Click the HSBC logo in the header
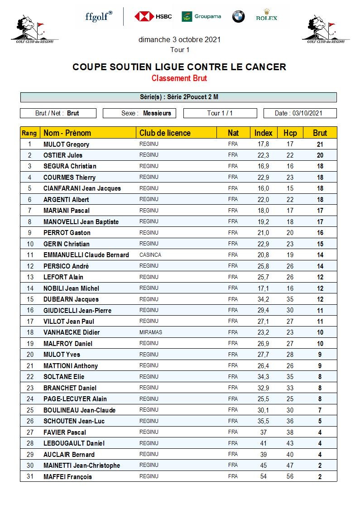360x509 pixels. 153,16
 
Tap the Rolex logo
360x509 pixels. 266,16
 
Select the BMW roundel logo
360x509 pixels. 238,16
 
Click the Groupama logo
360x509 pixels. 201,16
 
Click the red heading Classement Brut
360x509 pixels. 179,78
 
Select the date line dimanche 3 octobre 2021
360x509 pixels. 179,39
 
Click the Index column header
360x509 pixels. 263,133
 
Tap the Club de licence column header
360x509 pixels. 165,133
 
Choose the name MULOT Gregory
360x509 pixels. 66,144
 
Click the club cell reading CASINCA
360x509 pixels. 150,255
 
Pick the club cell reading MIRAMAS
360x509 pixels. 151,332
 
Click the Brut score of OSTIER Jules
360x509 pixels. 320,155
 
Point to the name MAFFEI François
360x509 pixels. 67,476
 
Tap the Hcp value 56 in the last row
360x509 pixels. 290,476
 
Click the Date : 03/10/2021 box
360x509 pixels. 300,113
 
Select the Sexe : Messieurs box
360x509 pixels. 139,113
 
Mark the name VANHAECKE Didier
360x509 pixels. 72,332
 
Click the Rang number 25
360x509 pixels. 30,410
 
